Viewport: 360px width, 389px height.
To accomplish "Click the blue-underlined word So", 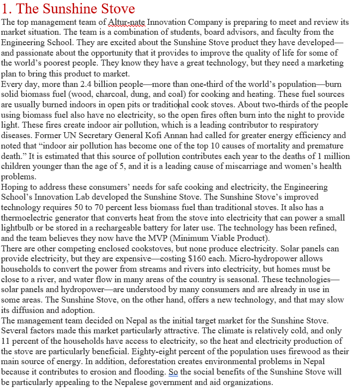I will coord(173,372).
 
